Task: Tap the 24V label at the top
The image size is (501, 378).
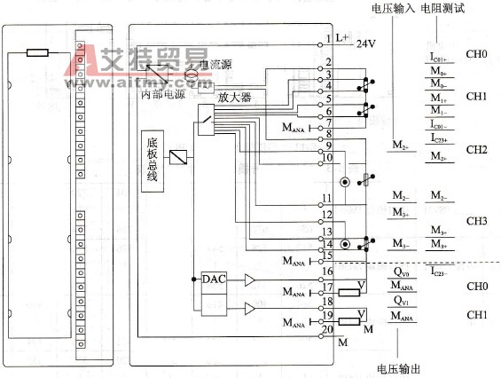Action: (x=367, y=42)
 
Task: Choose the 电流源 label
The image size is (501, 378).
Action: (x=215, y=64)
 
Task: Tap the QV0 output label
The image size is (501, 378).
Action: (x=402, y=272)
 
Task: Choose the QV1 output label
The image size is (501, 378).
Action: (x=402, y=301)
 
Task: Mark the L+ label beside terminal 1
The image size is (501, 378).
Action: (x=341, y=38)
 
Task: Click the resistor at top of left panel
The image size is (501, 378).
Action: (x=37, y=52)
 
